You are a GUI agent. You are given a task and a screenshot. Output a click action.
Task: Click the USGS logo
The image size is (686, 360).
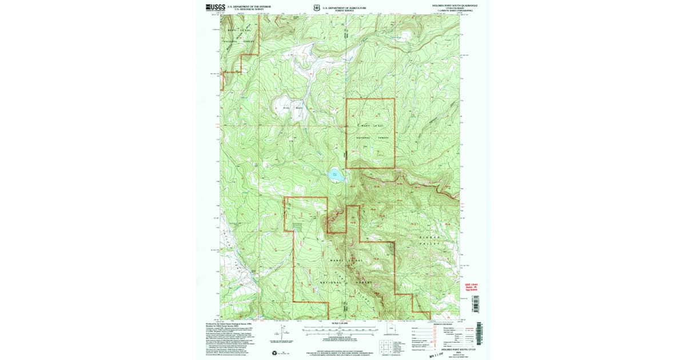click(215, 8)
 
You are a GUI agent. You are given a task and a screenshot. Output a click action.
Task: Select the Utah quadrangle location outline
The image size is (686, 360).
click(391, 329)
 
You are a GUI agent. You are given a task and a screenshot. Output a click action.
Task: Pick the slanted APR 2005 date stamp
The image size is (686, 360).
click(438, 354)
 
